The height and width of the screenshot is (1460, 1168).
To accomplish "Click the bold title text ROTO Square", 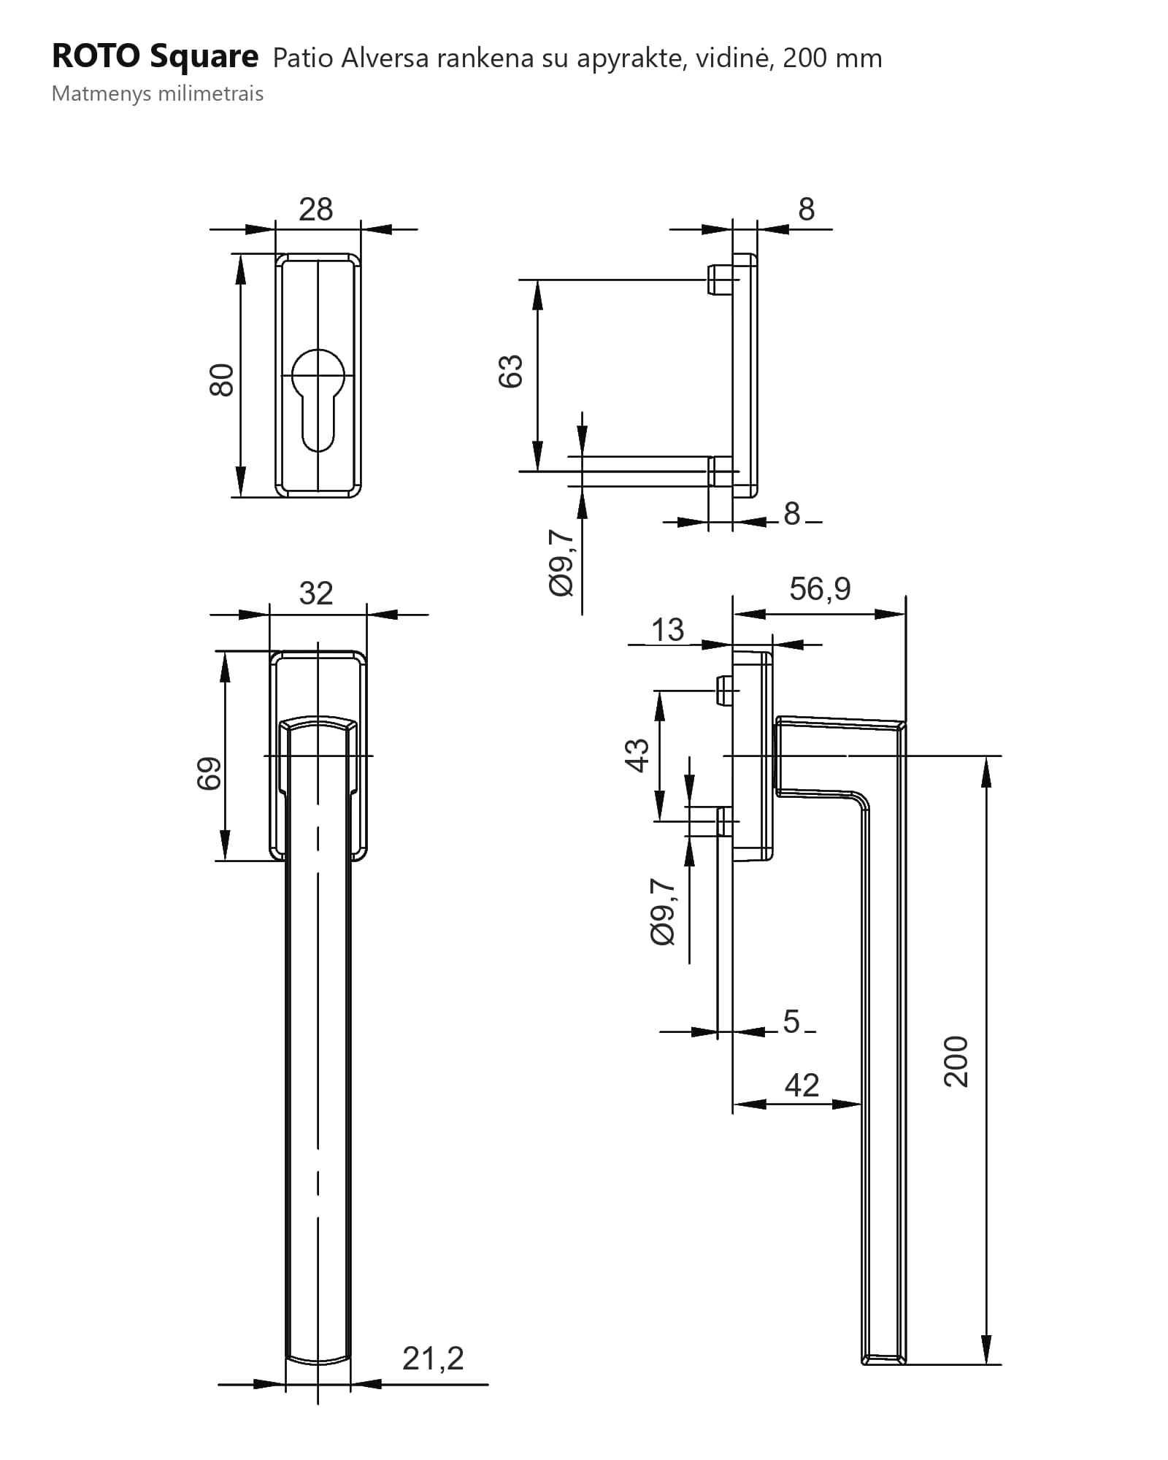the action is (155, 57).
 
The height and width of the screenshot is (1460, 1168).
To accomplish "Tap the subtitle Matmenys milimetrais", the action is (158, 94).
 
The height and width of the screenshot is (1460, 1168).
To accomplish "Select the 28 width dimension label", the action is (316, 210).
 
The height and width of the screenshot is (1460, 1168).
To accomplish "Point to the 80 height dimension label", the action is (221, 380).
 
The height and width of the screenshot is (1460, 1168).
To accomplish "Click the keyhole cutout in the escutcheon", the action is (318, 399).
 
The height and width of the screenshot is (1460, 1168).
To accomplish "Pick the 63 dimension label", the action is (511, 371).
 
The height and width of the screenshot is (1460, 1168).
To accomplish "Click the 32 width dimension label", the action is (316, 593).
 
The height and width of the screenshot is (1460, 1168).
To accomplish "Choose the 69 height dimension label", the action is (209, 774).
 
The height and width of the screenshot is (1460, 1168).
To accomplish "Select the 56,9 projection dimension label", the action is (820, 588).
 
